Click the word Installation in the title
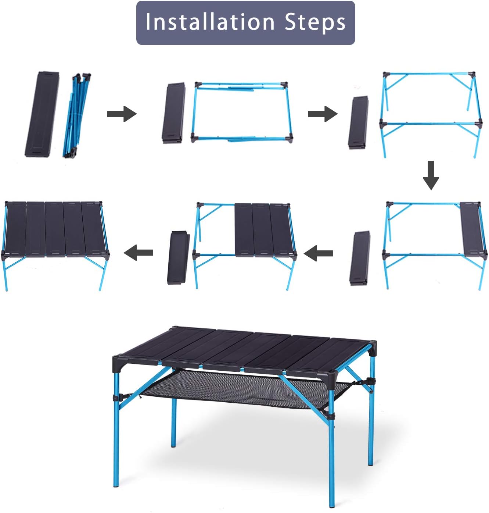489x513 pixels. tap(209, 22)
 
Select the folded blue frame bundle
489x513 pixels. tap(77, 115)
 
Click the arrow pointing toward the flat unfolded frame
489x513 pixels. tap(122, 114)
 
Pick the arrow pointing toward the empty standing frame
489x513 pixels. tap(323, 114)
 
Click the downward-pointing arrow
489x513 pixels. tap(431, 175)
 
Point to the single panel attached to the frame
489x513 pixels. tap(471, 228)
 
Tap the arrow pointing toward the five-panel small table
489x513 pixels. tap(138, 253)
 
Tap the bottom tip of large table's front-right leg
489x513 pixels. tap(332, 506)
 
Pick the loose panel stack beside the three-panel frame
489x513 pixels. tap(178, 257)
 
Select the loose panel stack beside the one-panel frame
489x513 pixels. tap(360, 258)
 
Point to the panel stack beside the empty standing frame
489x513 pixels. tap(359, 122)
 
